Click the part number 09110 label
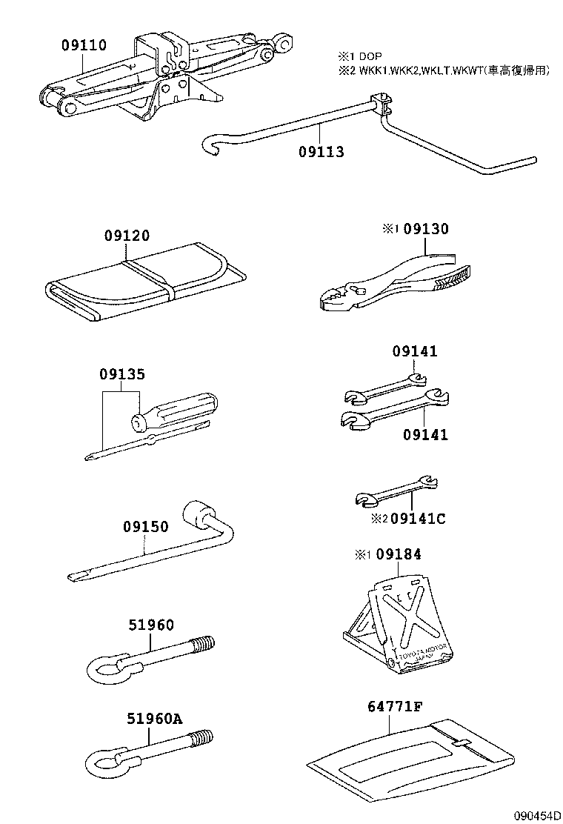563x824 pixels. coord(83,46)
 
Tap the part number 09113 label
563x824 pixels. coord(322,152)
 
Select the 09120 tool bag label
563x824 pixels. coord(127,236)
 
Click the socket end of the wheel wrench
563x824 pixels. coord(201,514)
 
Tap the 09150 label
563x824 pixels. coord(145,527)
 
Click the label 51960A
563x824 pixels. coord(154,718)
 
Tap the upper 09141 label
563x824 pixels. coord(415,352)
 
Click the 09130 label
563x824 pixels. coord(426,230)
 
